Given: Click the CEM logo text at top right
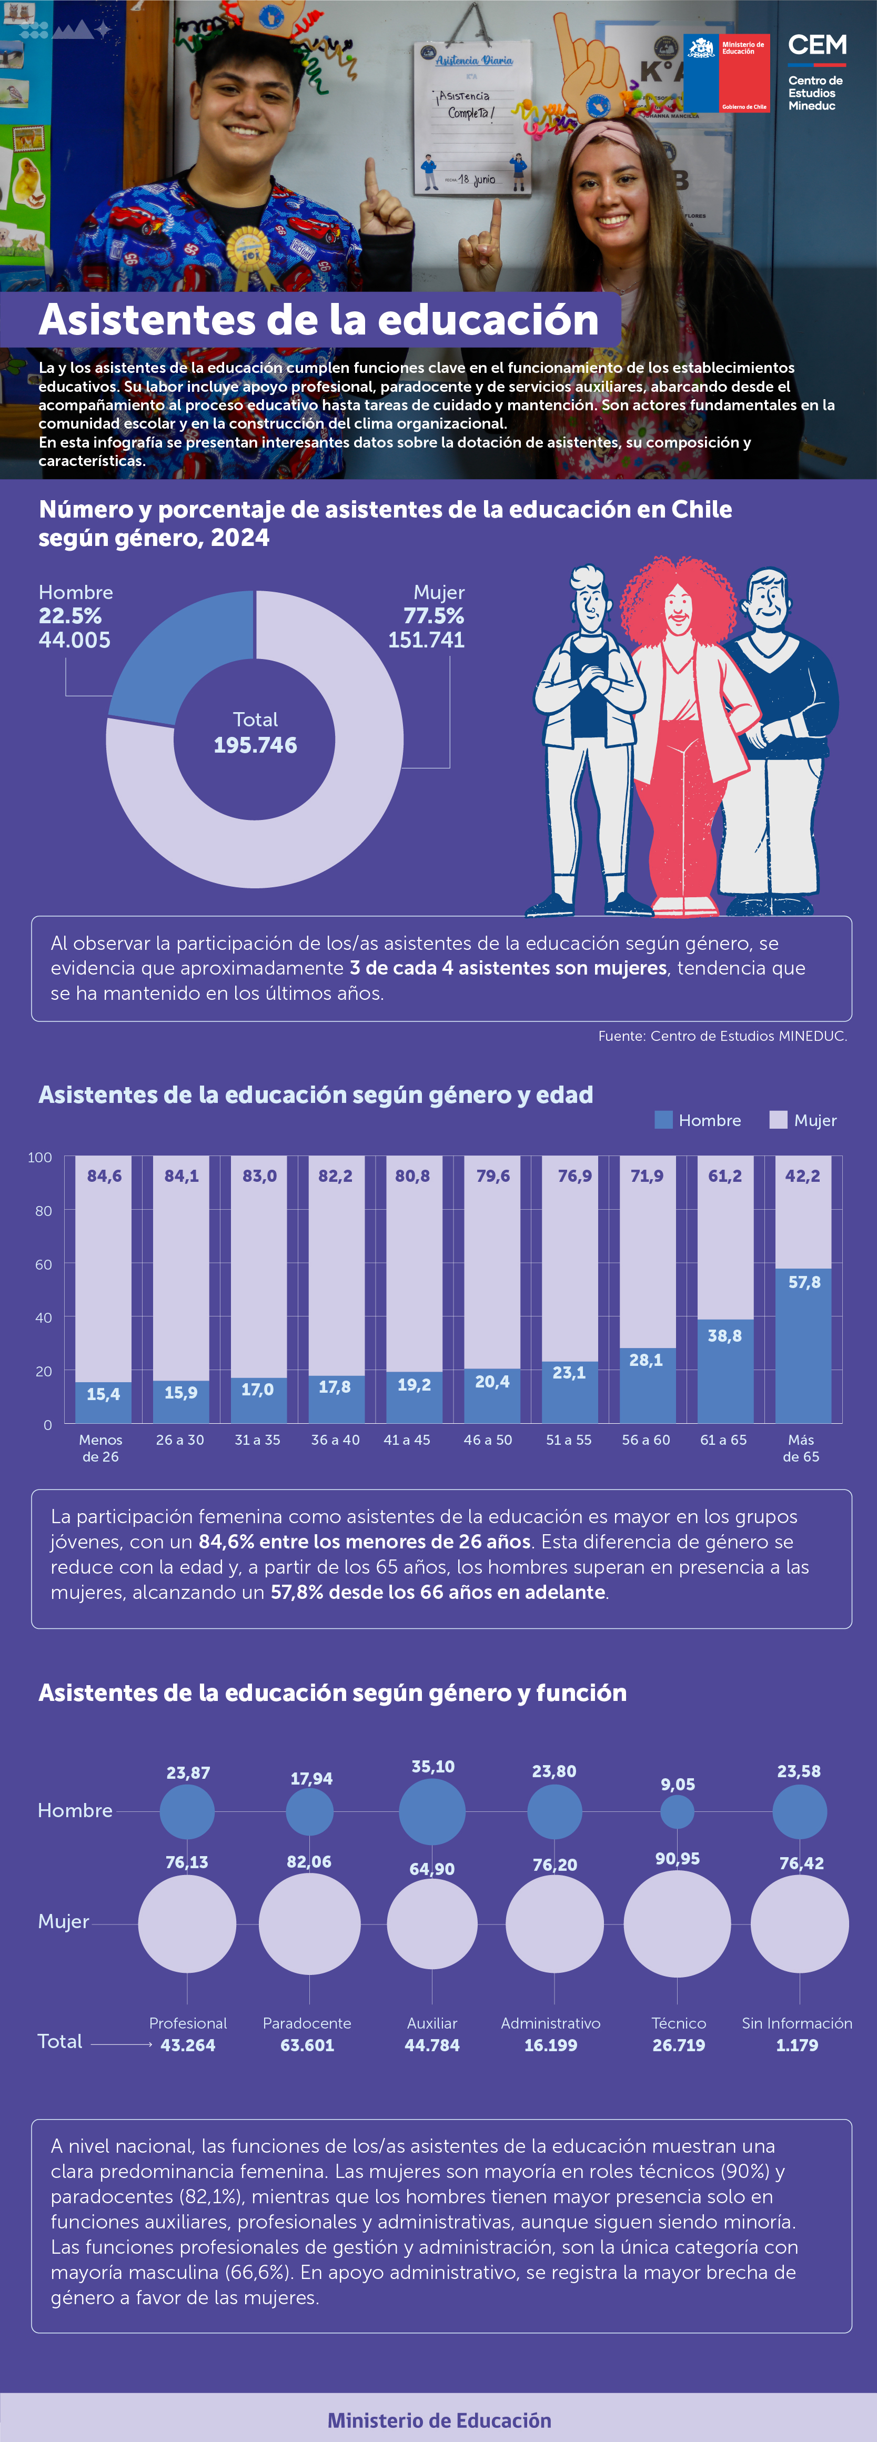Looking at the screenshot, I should (816, 46).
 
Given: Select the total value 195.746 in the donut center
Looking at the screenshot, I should (255, 745).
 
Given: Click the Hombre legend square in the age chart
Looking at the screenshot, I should (664, 1120).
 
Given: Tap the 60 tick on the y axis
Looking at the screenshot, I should (44, 1264).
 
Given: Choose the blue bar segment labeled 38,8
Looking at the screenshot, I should (725, 1371).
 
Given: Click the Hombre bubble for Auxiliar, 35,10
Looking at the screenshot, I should (432, 1811).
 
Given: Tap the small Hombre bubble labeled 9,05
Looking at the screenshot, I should (677, 1811).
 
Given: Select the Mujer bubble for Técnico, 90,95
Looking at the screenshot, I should (677, 1923).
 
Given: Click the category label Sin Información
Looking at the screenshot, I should (797, 2023).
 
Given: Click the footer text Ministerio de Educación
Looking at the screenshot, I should (439, 2420).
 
